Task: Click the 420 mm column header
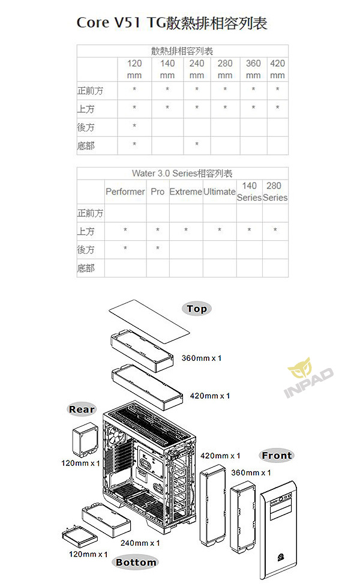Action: tap(277, 69)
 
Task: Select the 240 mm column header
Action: tap(197, 69)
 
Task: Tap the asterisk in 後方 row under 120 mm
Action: tap(134, 125)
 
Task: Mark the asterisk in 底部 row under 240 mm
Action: tap(197, 144)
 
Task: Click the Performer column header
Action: tap(125, 192)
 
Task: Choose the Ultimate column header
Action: tap(220, 192)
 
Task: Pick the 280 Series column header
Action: tap(275, 192)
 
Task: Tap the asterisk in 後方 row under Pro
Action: tap(158, 248)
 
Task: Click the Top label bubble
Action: tap(197, 309)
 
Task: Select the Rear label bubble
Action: tap(82, 409)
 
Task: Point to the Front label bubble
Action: tap(277, 456)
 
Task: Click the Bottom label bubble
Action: tap(136, 563)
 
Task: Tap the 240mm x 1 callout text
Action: tap(140, 543)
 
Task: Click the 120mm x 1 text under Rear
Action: tap(80, 464)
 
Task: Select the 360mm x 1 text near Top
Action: tap(202, 358)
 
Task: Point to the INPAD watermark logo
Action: tap(308, 378)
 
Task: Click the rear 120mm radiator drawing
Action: tap(85, 440)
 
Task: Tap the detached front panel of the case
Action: tap(278, 530)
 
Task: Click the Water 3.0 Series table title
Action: tap(182, 174)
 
